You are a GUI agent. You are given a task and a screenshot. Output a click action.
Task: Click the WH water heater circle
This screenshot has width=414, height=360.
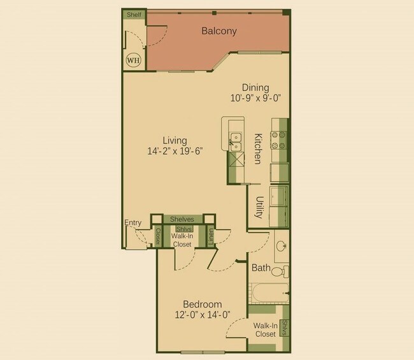point(134,61)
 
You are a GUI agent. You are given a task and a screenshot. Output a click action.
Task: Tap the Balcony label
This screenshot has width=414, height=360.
point(219,31)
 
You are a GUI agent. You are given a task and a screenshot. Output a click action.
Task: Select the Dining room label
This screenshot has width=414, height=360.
point(255,88)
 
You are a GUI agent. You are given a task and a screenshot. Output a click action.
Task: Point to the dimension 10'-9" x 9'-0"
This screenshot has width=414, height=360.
point(255,98)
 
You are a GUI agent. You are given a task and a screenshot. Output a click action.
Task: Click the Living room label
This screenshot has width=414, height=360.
point(175,140)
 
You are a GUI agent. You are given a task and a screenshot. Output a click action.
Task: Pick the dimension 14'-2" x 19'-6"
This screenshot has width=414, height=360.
point(175,151)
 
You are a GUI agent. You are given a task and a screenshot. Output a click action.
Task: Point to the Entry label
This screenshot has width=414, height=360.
point(133,222)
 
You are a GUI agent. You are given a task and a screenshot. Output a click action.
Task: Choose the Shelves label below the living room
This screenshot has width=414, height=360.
point(182,219)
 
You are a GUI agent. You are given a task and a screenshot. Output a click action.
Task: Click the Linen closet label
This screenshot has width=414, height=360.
point(211,237)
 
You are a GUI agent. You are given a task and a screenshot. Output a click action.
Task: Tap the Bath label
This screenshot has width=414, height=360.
point(261,268)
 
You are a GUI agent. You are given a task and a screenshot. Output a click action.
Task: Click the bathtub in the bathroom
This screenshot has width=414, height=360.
point(268,294)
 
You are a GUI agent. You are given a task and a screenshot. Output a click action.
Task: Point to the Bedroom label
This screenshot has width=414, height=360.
point(202,304)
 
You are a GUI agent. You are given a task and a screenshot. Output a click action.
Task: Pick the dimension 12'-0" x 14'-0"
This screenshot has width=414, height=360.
point(202,314)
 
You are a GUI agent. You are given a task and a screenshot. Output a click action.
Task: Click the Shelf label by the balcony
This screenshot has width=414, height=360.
point(134,14)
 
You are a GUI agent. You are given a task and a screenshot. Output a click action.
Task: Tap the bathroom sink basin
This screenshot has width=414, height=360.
point(282,246)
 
